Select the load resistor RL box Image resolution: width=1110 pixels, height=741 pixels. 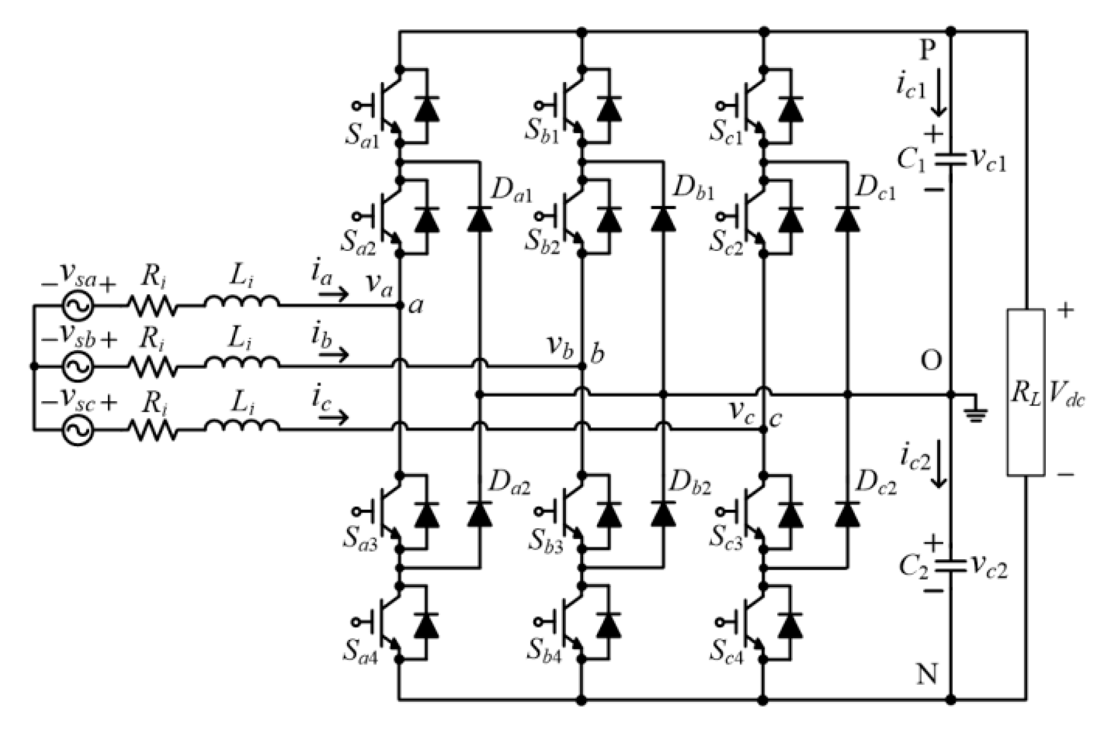coord(1026,392)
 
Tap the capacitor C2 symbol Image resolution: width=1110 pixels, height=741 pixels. coord(951,567)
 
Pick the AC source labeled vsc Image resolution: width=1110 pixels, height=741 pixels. coord(78,429)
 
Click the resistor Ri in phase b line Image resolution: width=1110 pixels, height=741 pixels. coord(153,367)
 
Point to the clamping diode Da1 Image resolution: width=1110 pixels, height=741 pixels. coord(479,218)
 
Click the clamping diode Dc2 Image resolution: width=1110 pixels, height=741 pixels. coord(847,514)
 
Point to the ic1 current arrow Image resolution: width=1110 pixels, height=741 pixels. coord(940,98)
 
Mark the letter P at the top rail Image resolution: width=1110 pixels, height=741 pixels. coord(928,51)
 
